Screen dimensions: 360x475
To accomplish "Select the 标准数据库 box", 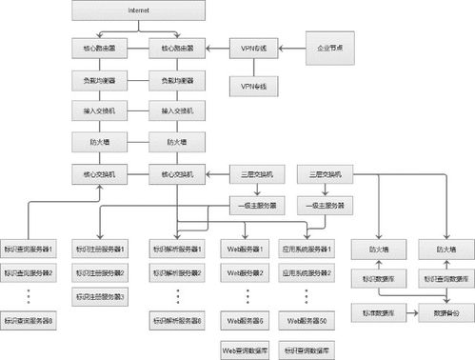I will (x=378, y=310).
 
